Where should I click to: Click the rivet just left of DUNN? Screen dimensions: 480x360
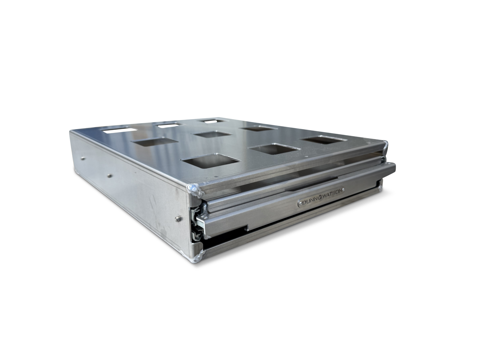[301, 203]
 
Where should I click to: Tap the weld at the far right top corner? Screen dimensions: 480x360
[385, 146]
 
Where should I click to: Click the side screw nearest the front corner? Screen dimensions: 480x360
[178, 219]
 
